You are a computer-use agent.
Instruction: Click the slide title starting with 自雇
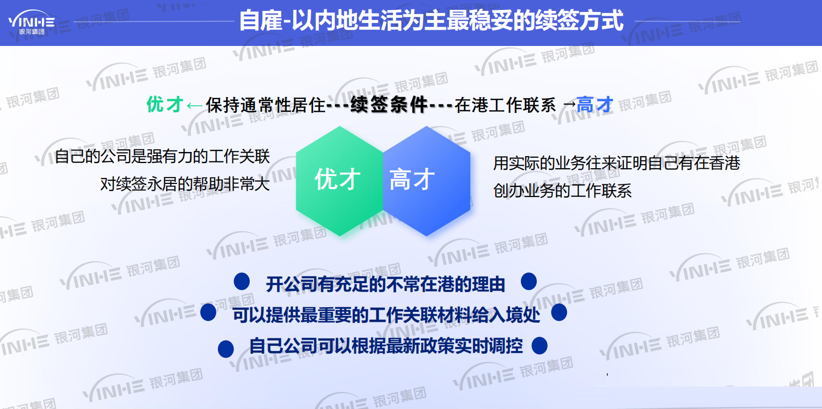pos(431,21)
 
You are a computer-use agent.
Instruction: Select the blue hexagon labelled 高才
pos(426,180)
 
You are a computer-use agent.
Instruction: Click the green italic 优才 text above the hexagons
pos(165,104)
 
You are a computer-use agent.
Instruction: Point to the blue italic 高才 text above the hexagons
pos(595,104)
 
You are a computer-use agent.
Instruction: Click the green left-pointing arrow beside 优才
pos(194,106)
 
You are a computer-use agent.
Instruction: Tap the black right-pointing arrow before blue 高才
pos(569,105)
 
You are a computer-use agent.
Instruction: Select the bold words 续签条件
pos(389,105)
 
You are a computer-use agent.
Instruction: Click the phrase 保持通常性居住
pos(265,105)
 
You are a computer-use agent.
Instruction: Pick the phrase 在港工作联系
pos(505,105)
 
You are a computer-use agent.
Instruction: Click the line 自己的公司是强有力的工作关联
pos(163,156)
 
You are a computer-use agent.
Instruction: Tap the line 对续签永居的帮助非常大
pos(185,184)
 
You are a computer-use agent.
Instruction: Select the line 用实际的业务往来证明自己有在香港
pos(617,163)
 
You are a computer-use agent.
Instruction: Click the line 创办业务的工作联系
pos(562,191)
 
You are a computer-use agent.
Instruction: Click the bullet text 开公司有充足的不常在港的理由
pos(386,284)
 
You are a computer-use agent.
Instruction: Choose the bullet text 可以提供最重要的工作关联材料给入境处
pos(386,315)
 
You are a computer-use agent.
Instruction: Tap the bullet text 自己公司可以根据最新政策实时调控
pos(386,346)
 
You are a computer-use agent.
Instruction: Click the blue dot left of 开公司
pos(241,281)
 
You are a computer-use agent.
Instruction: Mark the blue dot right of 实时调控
pos(539,345)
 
